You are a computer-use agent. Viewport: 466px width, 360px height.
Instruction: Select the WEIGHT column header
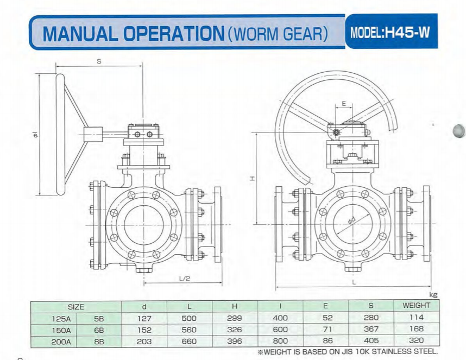416,306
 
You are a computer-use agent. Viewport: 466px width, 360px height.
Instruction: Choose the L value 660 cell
190,342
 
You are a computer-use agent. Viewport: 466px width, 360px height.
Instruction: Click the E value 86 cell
325,342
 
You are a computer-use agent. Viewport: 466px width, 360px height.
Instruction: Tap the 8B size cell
99,342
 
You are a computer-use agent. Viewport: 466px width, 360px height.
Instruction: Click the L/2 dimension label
185,278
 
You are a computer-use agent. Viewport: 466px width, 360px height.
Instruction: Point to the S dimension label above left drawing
99,61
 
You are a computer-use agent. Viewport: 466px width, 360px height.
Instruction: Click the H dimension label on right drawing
253,178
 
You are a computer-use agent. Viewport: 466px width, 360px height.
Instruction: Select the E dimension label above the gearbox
344,103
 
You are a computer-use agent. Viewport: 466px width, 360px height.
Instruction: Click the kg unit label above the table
433,295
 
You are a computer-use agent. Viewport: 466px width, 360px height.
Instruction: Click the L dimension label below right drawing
354,282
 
